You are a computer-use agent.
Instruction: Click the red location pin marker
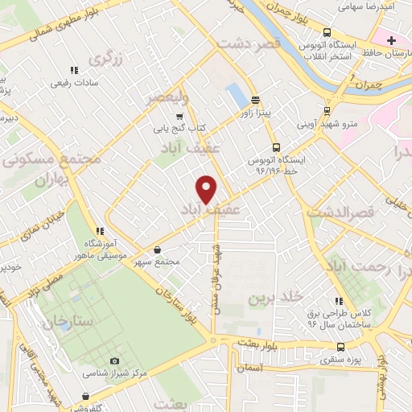[x=208, y=189]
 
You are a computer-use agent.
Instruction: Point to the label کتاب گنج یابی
[x=181, y=127]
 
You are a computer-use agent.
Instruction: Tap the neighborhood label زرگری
[x=109, y=59]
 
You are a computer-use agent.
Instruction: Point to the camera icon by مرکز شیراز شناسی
[x=114, y=361]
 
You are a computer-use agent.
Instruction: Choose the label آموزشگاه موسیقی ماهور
[x=105, y=249]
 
